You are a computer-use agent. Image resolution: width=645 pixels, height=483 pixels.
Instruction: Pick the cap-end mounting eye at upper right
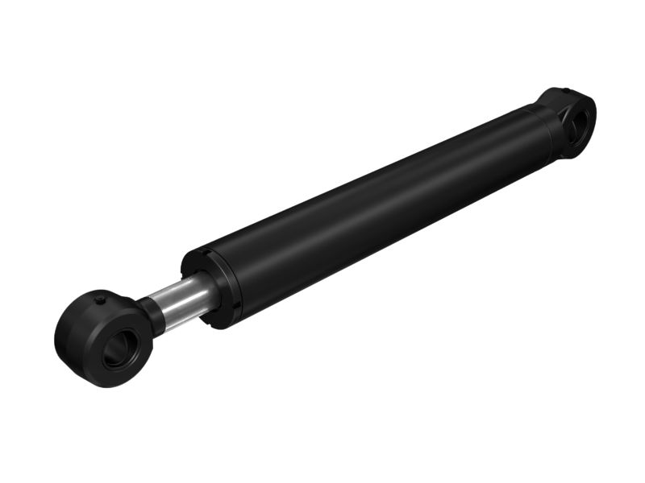(571, 119)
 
